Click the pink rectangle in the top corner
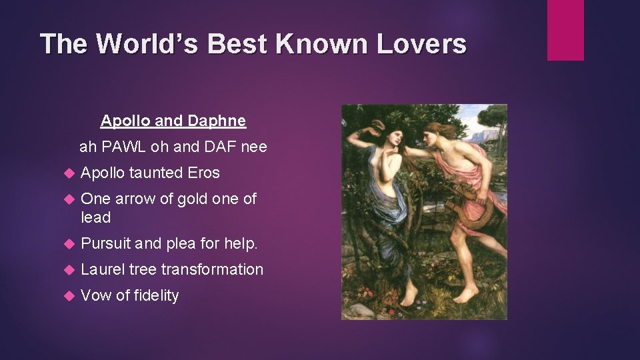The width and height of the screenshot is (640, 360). tap(565, 30)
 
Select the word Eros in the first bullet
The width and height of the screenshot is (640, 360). tap(203, 173)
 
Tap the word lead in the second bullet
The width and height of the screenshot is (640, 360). tap(95, 217)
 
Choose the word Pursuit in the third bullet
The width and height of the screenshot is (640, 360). tap(105, 244)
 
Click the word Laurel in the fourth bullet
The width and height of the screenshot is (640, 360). tap(102, 269)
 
